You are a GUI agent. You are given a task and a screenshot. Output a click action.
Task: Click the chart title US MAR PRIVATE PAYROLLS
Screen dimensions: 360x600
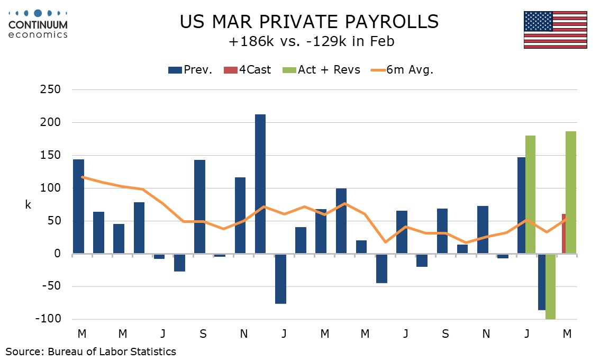tap(309, 22)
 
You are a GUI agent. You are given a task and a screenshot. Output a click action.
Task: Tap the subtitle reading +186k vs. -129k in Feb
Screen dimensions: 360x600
tap(309, 41)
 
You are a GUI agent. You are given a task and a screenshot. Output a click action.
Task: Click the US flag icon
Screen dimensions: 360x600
tap(555, 30)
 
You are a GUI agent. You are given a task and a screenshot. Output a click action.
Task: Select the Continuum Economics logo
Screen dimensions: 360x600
tap(38, 23)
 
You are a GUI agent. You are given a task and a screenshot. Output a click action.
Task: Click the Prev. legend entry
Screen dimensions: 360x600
tap(190, 70)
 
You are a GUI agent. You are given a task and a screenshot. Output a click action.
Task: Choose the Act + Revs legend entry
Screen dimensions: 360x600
tap(322, 70)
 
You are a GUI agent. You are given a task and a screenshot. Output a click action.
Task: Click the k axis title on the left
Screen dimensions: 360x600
tap(28, 205)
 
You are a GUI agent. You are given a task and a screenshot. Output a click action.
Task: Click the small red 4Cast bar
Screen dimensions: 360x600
tap(564, 234)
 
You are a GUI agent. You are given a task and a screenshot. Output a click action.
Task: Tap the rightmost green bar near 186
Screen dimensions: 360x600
tap(571, 193)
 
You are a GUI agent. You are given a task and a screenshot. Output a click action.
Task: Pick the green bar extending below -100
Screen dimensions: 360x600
tap(550, 286)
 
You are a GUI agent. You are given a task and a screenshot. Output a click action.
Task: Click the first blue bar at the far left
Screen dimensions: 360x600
tap(78, 206)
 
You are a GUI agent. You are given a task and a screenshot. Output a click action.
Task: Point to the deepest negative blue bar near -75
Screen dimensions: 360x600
tap(280, 278)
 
